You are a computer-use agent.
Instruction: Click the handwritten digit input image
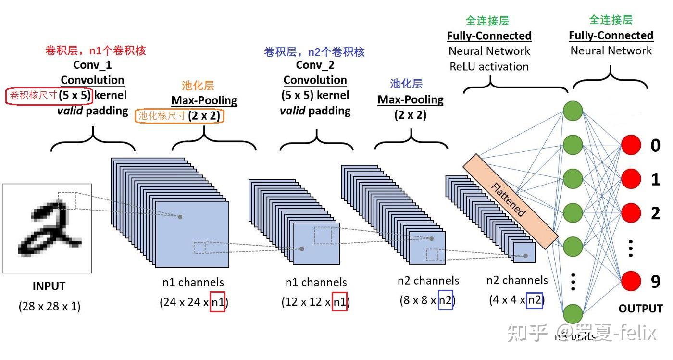(x=47, y=228)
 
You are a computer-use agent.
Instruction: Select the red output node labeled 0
(x=631, y=145)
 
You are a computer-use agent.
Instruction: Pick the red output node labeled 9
(x=631, y=282)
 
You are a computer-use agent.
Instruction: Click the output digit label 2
(x=656, y=213)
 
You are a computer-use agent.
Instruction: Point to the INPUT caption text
(x=49, y=286)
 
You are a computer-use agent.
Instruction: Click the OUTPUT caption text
(x=640, y=309)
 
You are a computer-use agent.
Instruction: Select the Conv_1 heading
(x=92, y=64)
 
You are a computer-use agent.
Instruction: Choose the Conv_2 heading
(x=315, y=65)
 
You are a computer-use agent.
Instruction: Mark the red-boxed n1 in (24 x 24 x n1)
(x=217, y=302)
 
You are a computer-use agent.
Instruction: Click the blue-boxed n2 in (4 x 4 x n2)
(x=535, y=300)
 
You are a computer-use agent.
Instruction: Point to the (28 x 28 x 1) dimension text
(x=50, y=306)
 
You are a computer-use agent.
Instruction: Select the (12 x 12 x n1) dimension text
(x=315, y=302)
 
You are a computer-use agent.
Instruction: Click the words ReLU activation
(x=489, y=67)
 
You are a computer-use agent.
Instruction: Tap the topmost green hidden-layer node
(x=573, y=111)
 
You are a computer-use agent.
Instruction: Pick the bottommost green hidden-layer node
(x=573, y=313)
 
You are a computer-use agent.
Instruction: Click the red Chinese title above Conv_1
(x=95, y=50)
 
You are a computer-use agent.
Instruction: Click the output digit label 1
(x=656, y=179)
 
